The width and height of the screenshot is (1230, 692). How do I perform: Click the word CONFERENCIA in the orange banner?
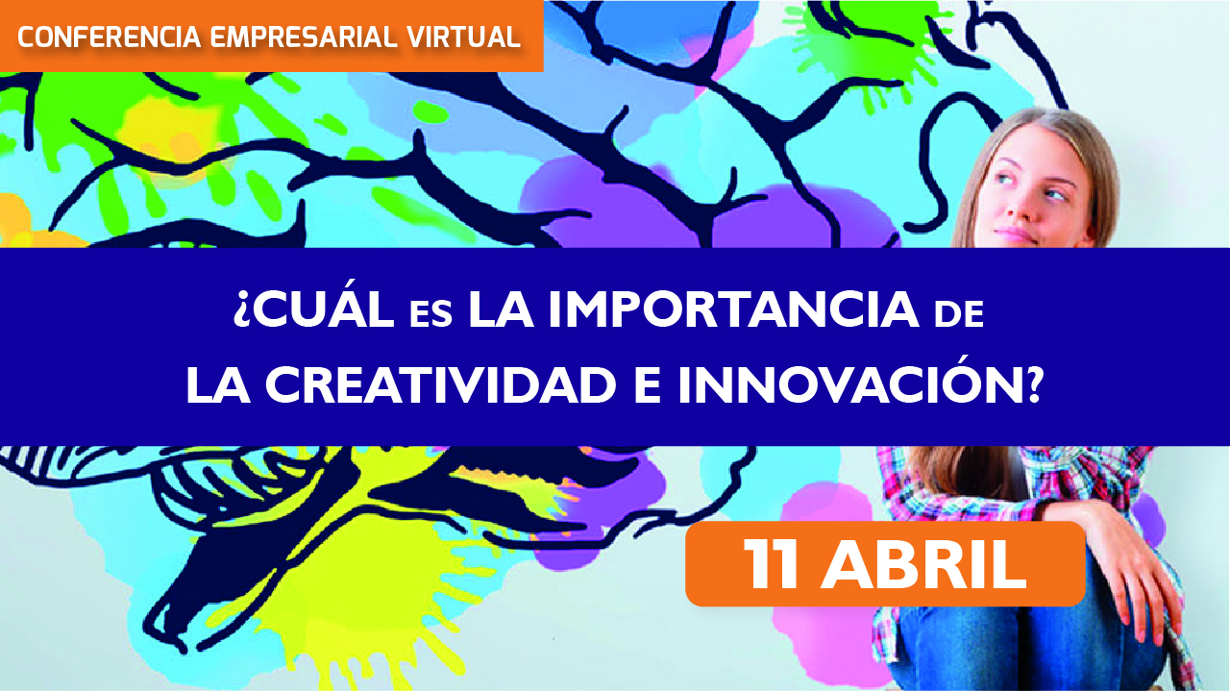click(109, 37)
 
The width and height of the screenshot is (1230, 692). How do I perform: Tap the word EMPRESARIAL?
click(304, 37)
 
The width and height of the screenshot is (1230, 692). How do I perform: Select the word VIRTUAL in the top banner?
click(464, 37)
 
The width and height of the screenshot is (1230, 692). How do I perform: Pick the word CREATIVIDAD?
click(440, 385)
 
